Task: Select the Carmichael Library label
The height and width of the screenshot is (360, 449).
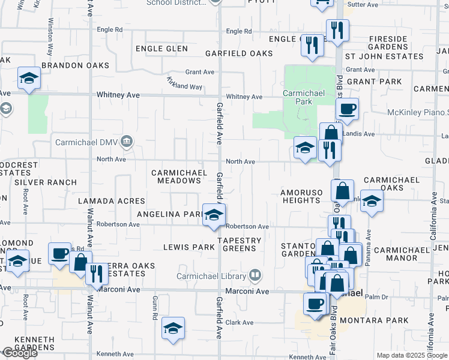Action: (211, 276)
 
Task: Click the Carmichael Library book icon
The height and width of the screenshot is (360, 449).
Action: (256, 276)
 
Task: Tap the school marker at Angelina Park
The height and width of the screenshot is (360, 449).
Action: (212, 215)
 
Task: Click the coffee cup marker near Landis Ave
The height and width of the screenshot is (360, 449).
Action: (346, 110)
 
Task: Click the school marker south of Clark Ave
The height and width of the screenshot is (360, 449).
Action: (173, 328)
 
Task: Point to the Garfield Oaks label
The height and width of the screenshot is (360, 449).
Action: (239, 53)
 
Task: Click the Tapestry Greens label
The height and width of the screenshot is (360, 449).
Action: (240, 245)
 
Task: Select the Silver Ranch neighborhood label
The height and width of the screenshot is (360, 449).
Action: (46, 182)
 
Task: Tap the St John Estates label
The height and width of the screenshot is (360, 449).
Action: (387, 56)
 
